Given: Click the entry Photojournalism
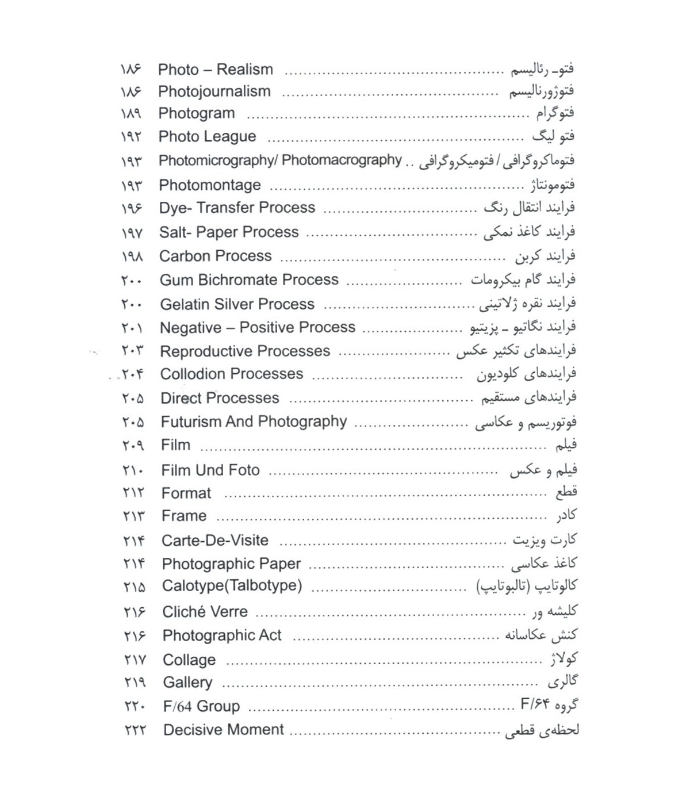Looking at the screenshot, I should click(x=214, y=91).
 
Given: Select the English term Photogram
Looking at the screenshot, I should click(x=197, y=113).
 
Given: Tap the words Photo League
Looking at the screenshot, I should click(x=207, y=136).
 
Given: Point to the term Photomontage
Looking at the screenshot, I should click(x=209, y=185).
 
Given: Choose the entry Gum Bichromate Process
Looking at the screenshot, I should click(x=249, y=280).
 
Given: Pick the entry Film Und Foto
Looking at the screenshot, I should click(x=210, y=470).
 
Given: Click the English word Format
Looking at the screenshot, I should click(x=186, y=493).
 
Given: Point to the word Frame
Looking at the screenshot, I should click(x=184, y=516).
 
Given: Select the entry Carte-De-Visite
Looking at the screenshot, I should click(x=215, y=541).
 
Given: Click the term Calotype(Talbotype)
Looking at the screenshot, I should click(x=232, y=586).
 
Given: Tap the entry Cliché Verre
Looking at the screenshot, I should click(x=205, y=612).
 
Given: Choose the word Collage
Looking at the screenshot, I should click(x=189, y=660).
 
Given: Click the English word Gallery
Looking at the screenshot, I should click(x=187, y=683).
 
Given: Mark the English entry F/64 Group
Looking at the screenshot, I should click(x=201, y=706).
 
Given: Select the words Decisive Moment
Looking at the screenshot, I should click(x=224, y=730).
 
